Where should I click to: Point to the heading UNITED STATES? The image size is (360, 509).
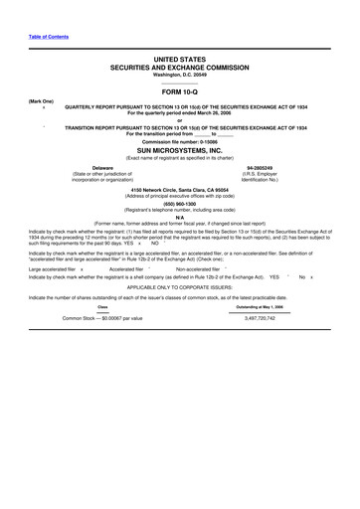179,61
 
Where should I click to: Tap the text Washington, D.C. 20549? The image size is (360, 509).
179,75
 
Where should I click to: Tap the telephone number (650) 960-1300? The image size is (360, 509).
179,205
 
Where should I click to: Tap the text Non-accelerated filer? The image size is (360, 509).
197,268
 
